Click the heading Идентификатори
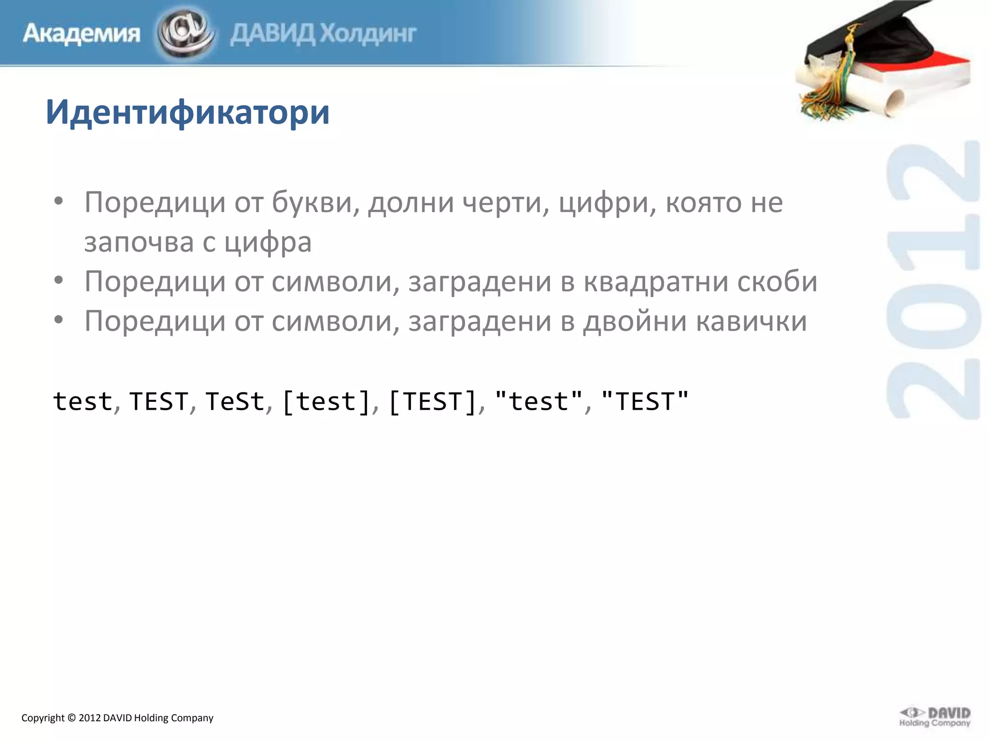pos(187,112)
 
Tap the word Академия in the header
pos(81,34)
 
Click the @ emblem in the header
pos(185,33)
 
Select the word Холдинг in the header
pos(368,34)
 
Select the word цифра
pos(268,242)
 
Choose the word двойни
pos(635,321)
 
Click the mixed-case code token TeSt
pos(235,401)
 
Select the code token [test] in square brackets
pos(326,401)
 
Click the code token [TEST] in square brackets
pos(433,401)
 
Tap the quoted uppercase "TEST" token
pos(645,401)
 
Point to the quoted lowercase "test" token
pos(539,401)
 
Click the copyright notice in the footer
pos(117,718)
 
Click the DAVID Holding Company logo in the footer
pos(934,716)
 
